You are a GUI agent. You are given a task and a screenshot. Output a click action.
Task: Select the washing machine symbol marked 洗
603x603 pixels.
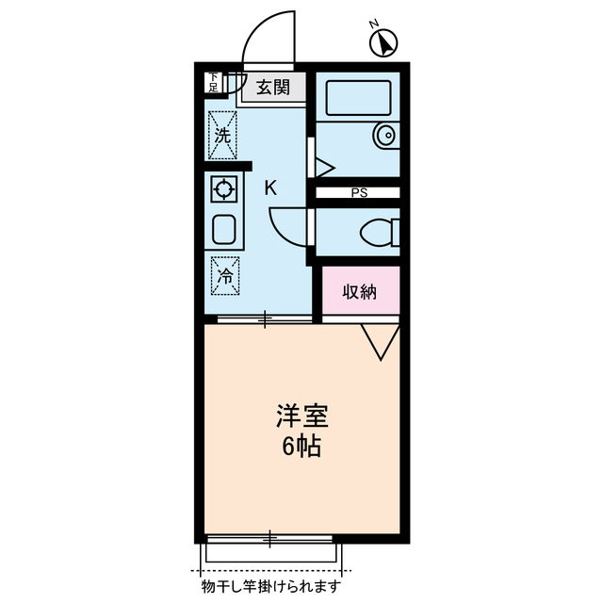(x=222, y=134)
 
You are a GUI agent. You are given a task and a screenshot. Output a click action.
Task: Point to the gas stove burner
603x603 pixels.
(x=224, y=190)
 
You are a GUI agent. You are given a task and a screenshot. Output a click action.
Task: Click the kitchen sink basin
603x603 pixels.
(x=225, y=229)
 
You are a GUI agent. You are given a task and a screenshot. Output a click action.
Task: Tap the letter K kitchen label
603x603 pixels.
(x=269, y=187)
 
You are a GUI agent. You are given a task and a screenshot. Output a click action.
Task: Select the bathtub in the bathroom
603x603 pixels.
(x=357, y=98)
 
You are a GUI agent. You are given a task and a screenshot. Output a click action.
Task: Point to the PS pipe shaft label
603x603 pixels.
(x=358, y=194)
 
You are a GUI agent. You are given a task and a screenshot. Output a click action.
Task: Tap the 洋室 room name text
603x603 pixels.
(x=301, y=415)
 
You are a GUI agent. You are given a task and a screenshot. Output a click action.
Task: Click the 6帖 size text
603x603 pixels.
(x=301, y=446)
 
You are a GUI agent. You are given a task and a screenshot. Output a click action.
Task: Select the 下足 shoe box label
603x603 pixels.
(x=213, y=82)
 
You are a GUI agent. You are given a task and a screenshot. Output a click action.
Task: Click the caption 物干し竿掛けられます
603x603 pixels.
(x=271, y=588)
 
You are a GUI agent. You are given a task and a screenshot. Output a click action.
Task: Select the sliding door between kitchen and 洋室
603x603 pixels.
(x=265, y=320)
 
